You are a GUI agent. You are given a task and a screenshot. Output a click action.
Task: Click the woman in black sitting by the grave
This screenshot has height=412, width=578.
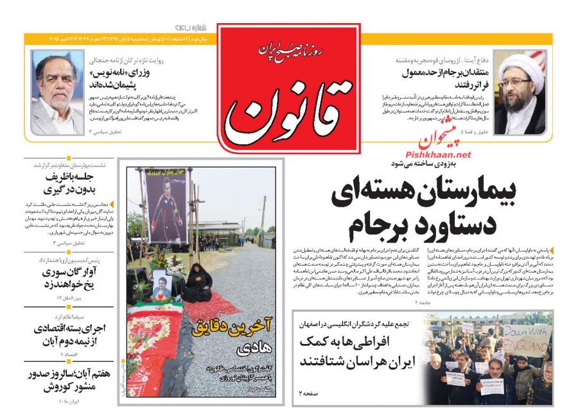[195, 283]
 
